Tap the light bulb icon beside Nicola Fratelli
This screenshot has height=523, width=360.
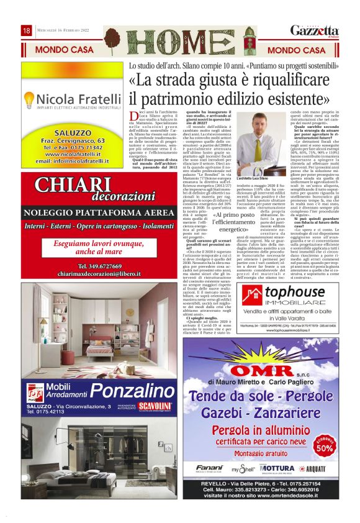pos(28,100)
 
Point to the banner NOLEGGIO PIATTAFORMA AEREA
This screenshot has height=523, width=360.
pos(89,213)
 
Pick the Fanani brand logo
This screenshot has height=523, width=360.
pos(209,468)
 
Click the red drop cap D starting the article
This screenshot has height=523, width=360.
pos(133,116)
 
